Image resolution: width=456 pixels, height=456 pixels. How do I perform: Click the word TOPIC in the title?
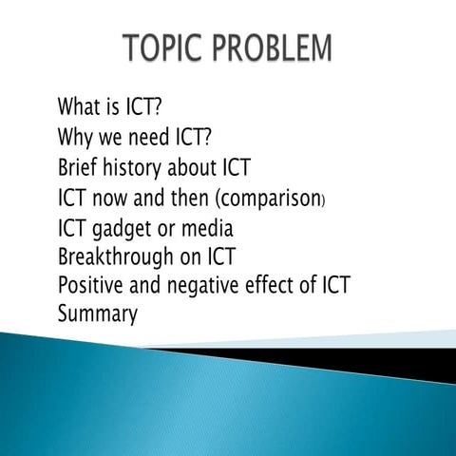pos(168,48)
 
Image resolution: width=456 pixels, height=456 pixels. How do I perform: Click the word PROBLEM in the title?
pos(271,48)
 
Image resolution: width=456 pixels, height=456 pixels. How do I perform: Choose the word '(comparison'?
pos(262,199)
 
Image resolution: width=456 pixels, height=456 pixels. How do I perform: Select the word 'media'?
pos(210,229)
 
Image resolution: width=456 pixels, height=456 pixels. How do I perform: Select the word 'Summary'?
pos(99,314)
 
